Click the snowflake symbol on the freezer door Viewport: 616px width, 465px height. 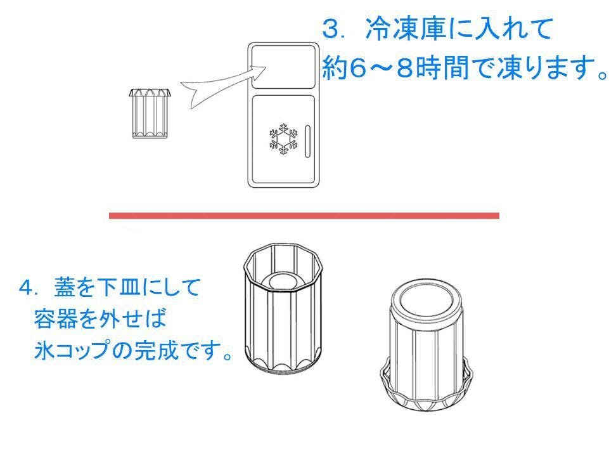[283, 138]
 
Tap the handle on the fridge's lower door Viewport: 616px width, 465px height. [307, 141]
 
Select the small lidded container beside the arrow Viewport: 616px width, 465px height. [150, 114]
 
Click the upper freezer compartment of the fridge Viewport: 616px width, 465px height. [283, 67]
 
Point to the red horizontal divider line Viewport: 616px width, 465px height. [304, 216]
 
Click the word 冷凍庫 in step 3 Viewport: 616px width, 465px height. [404, 30]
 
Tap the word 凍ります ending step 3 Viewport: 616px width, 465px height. [540, 68]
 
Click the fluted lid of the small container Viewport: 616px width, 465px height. [150, 93]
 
